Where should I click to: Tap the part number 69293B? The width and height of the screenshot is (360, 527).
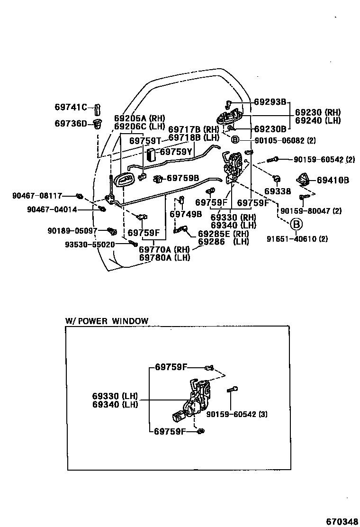(x=270, y=102)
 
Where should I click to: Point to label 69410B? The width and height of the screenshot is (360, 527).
(x=333, y=180)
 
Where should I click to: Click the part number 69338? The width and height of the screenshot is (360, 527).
(x=278, y=191)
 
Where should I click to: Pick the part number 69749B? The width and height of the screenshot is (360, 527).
(x=186, y=214)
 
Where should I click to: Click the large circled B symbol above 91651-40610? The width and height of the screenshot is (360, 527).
(x=295, y=224)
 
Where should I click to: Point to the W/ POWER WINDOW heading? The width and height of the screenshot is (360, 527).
(x=107, y=321)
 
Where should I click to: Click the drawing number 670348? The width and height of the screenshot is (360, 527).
(x=342, y=521)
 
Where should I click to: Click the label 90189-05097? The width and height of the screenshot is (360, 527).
(x=72, y=231)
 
